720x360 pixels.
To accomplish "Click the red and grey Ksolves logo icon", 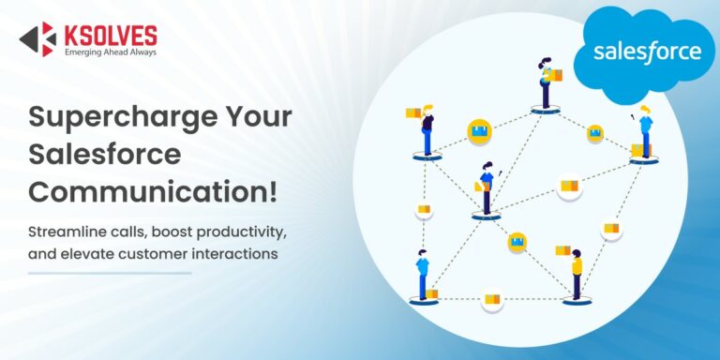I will coord(38,38).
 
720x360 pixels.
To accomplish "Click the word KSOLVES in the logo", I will coord(110,35).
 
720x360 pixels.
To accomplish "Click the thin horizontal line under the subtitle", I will coord(110,274).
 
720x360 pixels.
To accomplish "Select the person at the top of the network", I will coord(546,82).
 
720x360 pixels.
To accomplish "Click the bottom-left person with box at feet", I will coord(423,277).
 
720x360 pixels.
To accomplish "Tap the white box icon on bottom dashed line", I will coord(492,300).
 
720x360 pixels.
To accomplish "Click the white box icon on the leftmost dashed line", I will coord(424,209).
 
